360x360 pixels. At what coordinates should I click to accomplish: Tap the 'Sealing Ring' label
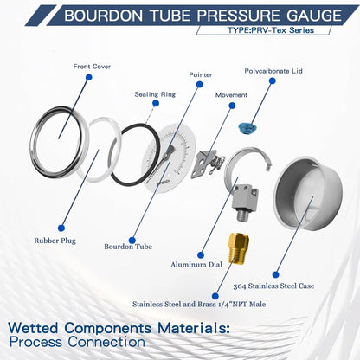[156, 95]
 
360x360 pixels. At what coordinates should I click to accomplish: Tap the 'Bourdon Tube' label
[127, 245]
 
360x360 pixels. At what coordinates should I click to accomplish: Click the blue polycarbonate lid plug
[247, 129]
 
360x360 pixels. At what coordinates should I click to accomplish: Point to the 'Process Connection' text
[78, 342]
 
